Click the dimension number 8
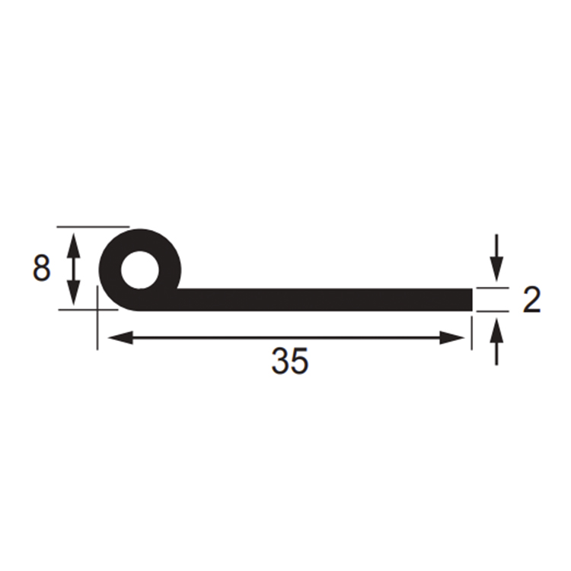click(41, 268)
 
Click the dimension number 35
click(290, 361)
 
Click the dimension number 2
click(531, 299)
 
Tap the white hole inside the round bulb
click(140, 270)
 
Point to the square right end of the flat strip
click(472, 300)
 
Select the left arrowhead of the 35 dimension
click(121, 337)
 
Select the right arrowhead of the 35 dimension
click(452, 337)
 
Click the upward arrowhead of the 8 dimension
click(74, 246)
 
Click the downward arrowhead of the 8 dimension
click(74, 293)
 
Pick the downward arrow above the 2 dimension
click(496, 258)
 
